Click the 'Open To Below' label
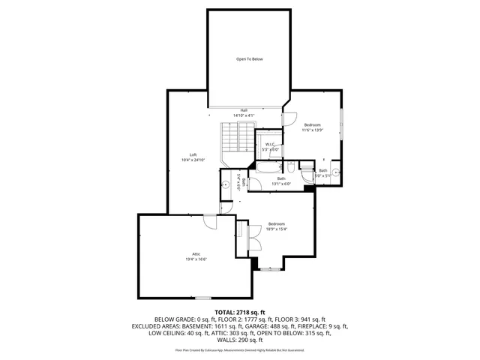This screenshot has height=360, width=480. tap(250, 59)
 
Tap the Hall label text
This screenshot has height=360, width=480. tap(244, 110)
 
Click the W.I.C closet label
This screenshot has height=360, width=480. tap(270, 144)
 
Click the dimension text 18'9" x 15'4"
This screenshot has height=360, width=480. tap(277, 229)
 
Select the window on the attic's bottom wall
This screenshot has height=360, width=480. tap(202, 298)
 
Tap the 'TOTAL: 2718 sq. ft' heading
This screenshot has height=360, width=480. tap(240, 311)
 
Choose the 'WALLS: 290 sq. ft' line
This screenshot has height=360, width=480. tap(240, 341)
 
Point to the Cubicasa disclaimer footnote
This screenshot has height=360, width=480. tap(240, 349)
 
